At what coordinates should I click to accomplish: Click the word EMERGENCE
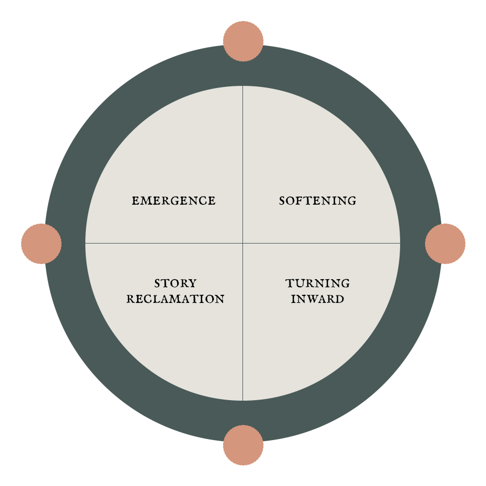click(x=173, y=201)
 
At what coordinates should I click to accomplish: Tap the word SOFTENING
click(x=318, y=201)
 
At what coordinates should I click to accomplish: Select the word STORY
click(x=175, y=283)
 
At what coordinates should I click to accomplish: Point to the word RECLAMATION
click(x=175, y=299)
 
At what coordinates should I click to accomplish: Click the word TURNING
click(x=318, y=283)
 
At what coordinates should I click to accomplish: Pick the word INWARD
click(x=318, y=299)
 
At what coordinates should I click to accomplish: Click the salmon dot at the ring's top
click(x=243, y=41)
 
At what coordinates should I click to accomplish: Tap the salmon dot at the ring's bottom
click(x=243, y=445)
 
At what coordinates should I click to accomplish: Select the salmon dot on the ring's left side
click(x=41, y=244)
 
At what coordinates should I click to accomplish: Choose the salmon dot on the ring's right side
click(x=445, y=244)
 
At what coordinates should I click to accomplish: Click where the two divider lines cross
click(x=242, y=243)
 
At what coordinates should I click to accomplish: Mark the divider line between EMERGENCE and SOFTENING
click(x=242, y=162)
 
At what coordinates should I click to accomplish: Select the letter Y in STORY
click(x=192, y=283)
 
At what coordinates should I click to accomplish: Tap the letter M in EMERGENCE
click(x=145, y=201)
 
